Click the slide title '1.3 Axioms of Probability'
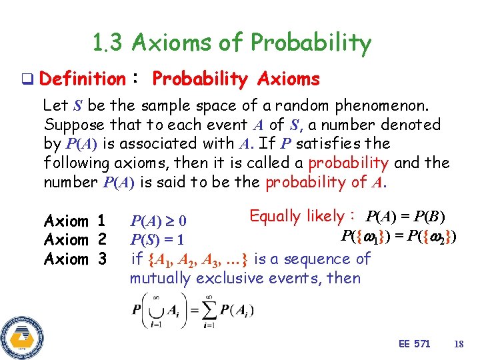point(232,43)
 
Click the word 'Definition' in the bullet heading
point(82,79)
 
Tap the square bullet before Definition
point(28,80)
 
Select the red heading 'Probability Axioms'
point(236,79)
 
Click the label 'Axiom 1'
point(75,221)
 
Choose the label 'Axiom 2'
point(75,239)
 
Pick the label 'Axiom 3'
point(75,259)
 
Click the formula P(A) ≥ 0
point(158,221)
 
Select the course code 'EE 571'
point(414,344)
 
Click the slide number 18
point(458,344)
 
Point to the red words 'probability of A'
point(325,182)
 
